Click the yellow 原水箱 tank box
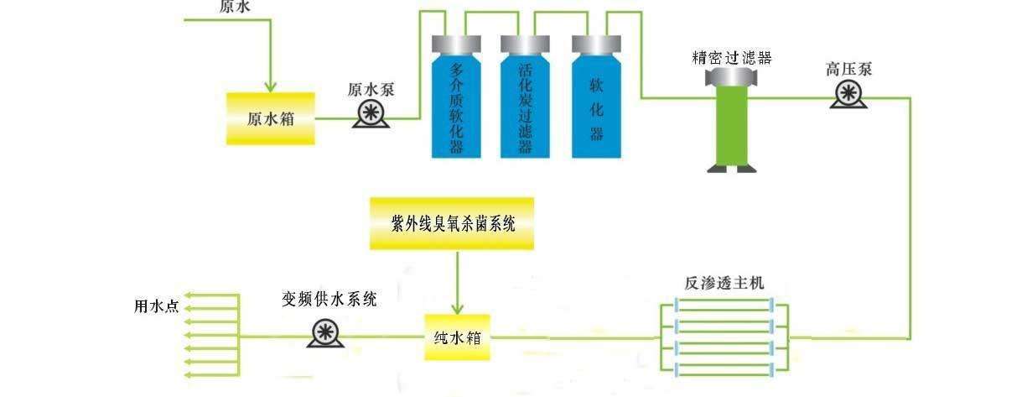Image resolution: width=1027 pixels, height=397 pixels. pos(270,118)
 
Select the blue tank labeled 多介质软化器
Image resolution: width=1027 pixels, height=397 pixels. pos(456,105)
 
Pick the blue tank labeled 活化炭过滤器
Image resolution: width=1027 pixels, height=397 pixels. pos(526,105)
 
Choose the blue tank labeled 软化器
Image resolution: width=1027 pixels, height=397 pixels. pos(597,105)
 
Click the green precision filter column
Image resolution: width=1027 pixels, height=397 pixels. pos(731,126)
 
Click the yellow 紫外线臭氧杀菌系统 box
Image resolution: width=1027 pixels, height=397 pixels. pos(452,224)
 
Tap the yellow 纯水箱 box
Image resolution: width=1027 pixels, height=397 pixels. pos(457,337)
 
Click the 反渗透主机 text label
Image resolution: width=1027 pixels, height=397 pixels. pos(724,283)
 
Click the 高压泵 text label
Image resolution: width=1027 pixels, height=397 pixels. pos(848,68)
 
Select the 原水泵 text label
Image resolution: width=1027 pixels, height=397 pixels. pos(371,89)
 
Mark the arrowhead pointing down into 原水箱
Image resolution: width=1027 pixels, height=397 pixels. pos(270,86)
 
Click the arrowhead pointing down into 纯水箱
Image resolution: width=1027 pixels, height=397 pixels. pos(458,307)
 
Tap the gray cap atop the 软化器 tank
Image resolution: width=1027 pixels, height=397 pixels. pos(596,44)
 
